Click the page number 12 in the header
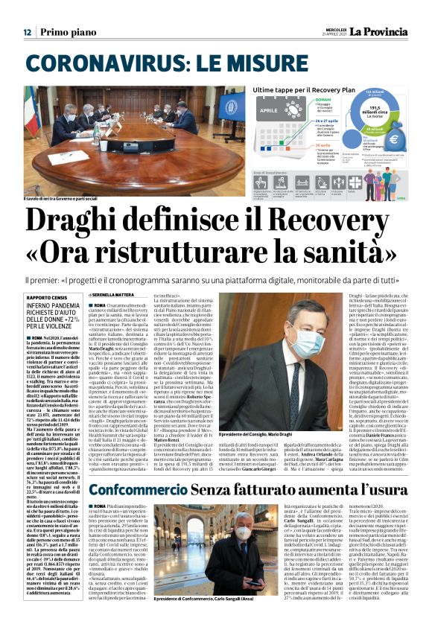coord(26,32)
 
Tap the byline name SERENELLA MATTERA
coord(115,296)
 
